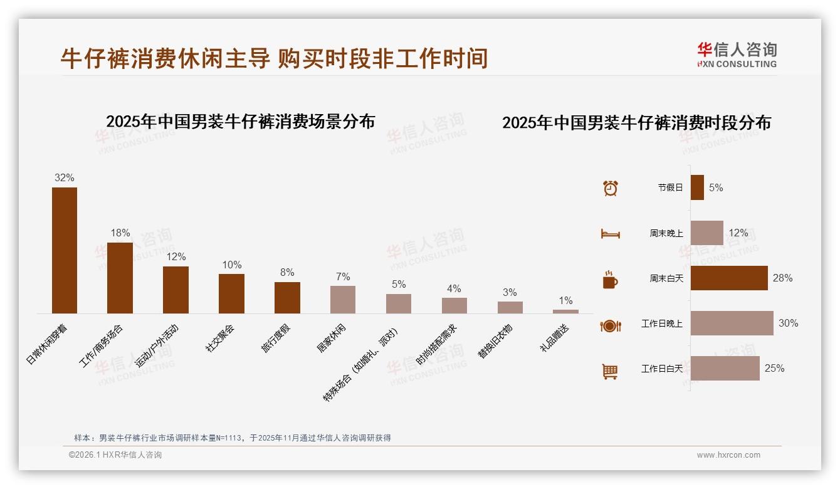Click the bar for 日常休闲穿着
tap(65, 250)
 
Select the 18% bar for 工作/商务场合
tap(120, 278)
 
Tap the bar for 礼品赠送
tap(565, 311)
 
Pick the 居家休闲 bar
tap(343, 300)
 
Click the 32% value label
tap(65, 178)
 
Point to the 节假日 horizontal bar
tap(697, 187)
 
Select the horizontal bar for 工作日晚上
tap(732, 323)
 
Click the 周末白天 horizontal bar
tap(729, 278)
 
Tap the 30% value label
tap(788, 323)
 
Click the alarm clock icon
tap(610, 187)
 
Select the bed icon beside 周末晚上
tap(610, 233)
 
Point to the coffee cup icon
tap(610, 279)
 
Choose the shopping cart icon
tap(610, 371)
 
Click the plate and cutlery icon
tap(610, 325)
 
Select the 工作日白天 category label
tap(661, 369)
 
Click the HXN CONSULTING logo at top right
tap(737, 55)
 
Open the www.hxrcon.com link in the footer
tap(728, 455)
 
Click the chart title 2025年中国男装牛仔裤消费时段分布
tap(636, 123)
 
